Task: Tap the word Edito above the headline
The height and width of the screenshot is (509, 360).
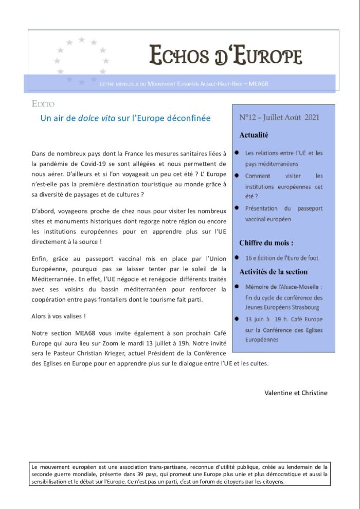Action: pos(43,104)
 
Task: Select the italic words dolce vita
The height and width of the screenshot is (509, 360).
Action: pos(97,118)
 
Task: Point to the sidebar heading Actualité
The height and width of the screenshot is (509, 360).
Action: pos(254,135)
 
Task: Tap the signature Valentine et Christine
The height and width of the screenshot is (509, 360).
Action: pos(296,393)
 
